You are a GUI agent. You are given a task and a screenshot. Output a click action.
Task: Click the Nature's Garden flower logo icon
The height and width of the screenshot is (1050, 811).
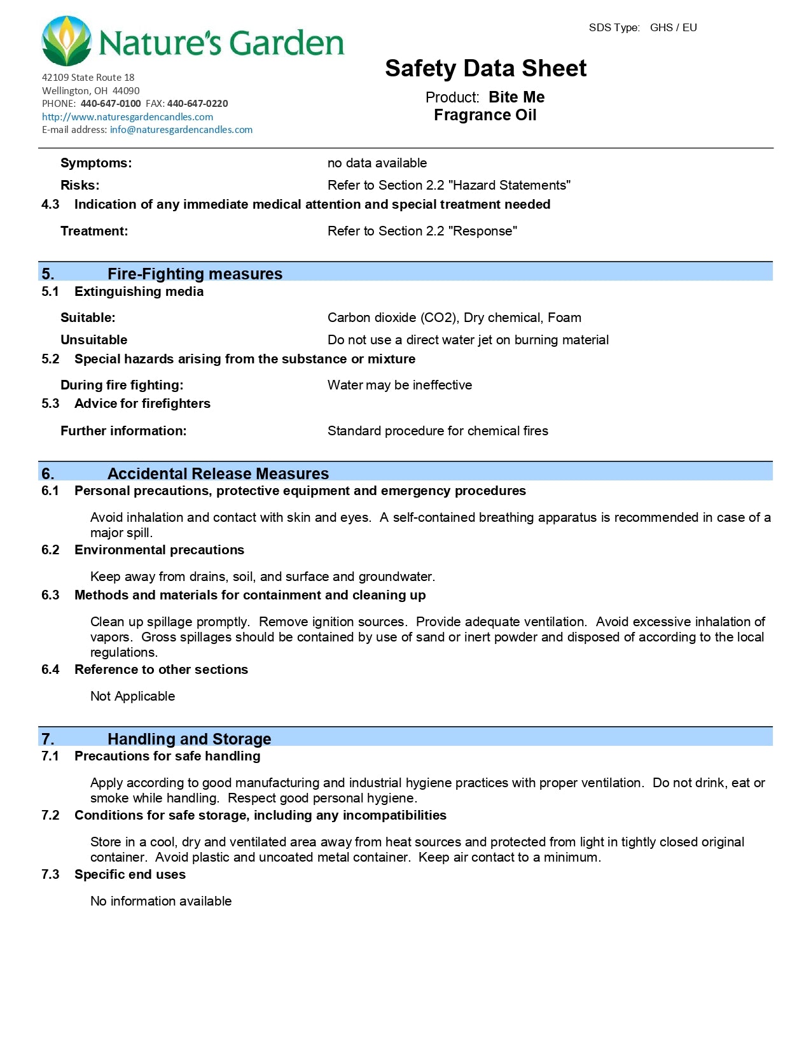pyautogui.click(x=66, y=42)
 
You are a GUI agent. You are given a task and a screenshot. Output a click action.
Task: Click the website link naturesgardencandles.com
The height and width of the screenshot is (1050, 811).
pyautogui.click(x=127, y=117)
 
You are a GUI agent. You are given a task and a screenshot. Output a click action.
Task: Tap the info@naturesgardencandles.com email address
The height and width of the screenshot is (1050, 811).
pyautogui.click(x=181, y=130)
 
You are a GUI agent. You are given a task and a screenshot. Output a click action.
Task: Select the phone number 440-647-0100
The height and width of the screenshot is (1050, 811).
pyautogui.click(x=111, y=104)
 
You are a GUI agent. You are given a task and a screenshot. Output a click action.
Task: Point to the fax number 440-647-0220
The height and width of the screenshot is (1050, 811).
pyautogui.click(x=197, y=104)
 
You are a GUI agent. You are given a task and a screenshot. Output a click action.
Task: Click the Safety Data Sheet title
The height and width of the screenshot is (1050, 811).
pyautogui.click(x=485, y=69)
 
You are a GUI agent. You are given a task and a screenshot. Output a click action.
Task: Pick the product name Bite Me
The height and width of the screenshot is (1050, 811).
pyautogui.click(x=516, y=97)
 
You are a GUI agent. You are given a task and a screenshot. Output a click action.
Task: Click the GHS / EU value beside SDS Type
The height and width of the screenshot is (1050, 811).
pyautogui.click(x=673, y=28)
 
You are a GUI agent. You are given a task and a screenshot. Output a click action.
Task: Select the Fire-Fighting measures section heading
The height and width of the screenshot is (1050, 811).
pyautogui.click(x=195, y=274)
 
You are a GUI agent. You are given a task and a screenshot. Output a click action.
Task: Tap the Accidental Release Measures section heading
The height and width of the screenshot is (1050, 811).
pyautogui.click(x=218, y=473)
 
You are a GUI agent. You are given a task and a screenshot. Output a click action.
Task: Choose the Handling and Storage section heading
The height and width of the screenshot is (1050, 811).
pyautogui.click(x=189, y=739)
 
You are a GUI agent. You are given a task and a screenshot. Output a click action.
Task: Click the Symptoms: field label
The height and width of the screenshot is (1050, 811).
pyautogui.click(x=96, y=163)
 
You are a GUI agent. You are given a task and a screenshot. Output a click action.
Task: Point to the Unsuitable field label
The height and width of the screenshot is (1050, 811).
pyautogui.click(x=94, y=340)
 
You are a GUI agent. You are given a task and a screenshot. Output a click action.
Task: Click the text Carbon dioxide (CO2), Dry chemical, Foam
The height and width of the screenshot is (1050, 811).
pyautogui.click(x=454, y=318)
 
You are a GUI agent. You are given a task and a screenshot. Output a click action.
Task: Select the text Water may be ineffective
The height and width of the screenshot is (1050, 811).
pyautogui.click(x=399, y=385)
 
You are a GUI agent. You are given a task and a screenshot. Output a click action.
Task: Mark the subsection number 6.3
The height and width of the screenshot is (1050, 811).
pyautogui.click(x=50, y=595)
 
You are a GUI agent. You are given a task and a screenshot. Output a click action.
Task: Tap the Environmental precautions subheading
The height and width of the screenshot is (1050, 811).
pyautogui.click(x=159, y=550)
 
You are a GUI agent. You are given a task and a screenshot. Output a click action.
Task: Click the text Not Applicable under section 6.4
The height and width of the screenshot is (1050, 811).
pyautogui.click(x=132, y=696)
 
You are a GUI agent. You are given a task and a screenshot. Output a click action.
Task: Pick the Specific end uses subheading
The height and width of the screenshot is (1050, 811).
pyautogui.click(x=130, y=874)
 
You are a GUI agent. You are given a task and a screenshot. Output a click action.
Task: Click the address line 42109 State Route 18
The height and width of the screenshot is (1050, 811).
pyautogui.click(x=88, y=78)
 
